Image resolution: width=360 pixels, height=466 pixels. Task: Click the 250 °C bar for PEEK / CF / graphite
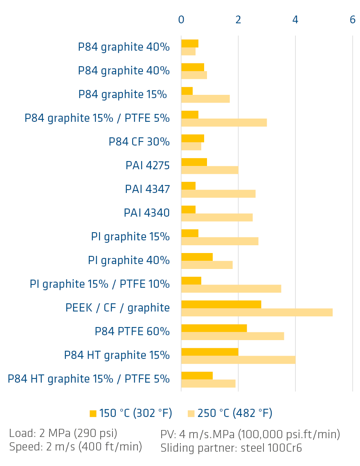(256, 312)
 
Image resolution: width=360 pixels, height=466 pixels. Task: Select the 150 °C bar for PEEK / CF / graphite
(221, 305)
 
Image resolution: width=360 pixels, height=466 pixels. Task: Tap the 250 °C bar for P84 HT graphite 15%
(238, 360)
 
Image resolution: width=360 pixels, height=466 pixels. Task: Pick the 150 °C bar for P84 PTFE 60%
(214, 328)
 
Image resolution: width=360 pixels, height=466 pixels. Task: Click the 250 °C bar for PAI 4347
(218, 194)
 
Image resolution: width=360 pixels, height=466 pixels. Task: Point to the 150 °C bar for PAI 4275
(194, 162)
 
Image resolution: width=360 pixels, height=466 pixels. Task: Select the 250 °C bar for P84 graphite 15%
(205, 99)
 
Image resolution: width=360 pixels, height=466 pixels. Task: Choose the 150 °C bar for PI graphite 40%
(197, 257)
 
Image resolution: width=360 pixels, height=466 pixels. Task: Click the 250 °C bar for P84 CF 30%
(191, 146)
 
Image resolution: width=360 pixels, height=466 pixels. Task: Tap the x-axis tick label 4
(295, 20)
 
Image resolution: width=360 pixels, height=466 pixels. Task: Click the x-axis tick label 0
(181, 20)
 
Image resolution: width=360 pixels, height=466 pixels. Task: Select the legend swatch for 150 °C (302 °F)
(93, 414)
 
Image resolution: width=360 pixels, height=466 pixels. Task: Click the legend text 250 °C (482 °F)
(235, 413)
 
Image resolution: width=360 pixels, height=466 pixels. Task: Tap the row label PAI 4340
(146, 213)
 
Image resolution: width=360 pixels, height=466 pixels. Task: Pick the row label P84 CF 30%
(139, 142)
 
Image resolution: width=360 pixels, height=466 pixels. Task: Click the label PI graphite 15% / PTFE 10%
(100, 284)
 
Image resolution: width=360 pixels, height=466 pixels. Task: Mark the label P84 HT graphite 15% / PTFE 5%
(89, 379)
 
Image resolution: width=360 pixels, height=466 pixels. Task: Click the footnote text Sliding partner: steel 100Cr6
(231, 448)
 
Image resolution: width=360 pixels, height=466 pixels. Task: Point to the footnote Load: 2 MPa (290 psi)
(63, 434)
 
